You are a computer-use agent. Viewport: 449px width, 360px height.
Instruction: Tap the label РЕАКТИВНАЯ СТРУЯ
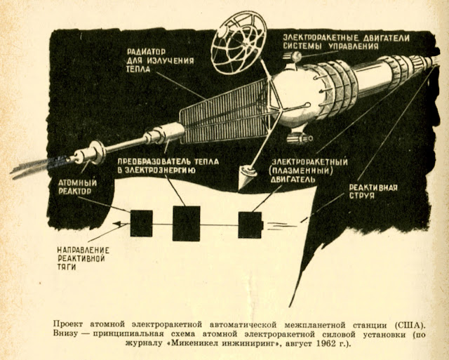374,192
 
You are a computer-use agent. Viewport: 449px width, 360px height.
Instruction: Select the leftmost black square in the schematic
141,223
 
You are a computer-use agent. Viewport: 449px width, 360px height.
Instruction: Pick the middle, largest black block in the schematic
186,223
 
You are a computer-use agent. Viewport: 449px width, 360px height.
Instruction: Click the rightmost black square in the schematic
249,224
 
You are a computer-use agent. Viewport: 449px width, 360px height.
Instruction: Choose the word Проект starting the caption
70,325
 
